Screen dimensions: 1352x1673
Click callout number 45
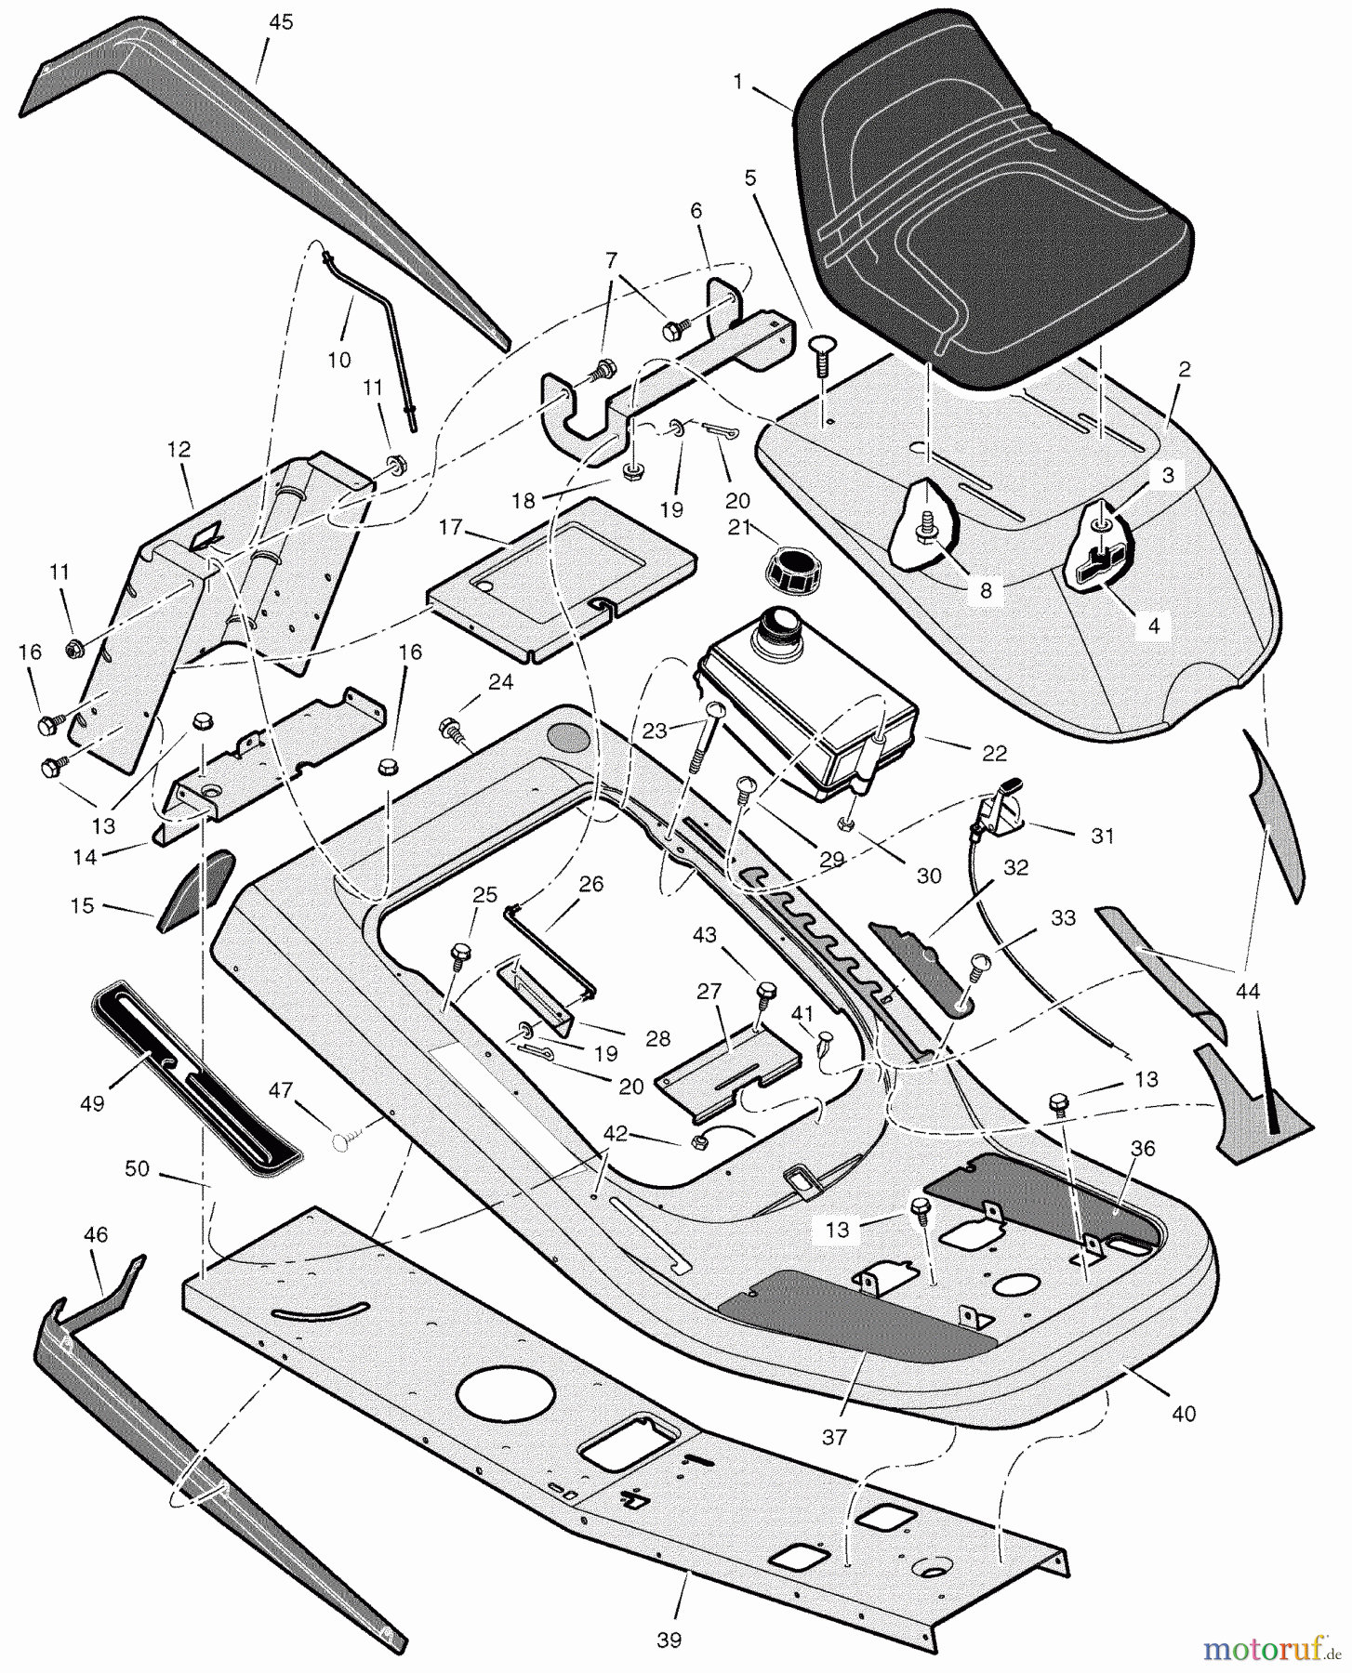[280, 22]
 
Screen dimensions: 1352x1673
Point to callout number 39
[669, 1640]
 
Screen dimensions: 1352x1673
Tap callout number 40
[1185, 1414]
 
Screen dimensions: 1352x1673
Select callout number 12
[179, 450]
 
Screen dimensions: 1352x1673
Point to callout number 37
[834, 1437]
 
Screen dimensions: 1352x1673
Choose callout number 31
[1102, 836]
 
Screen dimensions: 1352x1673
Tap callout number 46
[96, 1234]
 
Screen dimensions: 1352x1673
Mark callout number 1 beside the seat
[737, 82]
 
